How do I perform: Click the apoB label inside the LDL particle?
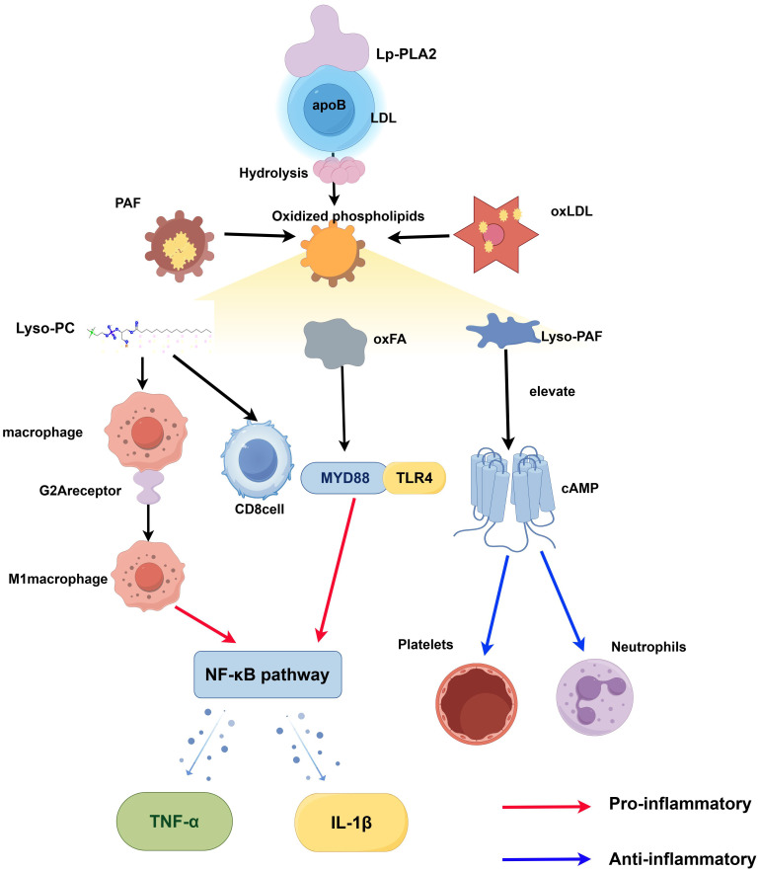click(329, 105)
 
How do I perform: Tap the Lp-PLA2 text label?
click(407, 54)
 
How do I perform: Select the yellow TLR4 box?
click(415, 478)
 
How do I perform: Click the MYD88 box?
click(344, 478)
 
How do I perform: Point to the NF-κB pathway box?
click(267, 674)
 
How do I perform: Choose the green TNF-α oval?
click(175, 822)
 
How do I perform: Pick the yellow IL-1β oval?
click(351, 823)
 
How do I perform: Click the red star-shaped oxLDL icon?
click(496, 235)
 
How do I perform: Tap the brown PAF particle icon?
click(179, 245)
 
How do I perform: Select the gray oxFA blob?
click(335, 343)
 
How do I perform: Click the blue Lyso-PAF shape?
click(502, 331)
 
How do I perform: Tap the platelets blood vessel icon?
click(477, 703)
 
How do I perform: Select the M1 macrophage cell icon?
click(148, 577)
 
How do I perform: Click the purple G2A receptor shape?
click(147, 487)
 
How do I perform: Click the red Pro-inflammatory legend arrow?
click(547, 806)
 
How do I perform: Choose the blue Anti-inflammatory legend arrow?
click(547, 858)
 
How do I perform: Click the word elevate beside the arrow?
click(552, 391)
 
